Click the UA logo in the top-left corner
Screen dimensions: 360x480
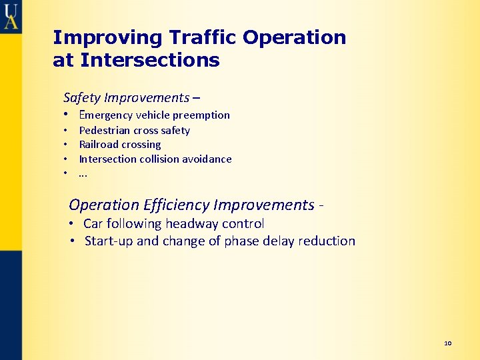(11, 15)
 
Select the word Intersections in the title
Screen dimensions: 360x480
(150, 61)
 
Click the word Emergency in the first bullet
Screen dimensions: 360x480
(105, 115)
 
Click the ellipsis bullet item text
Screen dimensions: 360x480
(83, 174)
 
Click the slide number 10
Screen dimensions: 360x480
(447, 343)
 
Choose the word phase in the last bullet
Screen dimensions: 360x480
(242, 241)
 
